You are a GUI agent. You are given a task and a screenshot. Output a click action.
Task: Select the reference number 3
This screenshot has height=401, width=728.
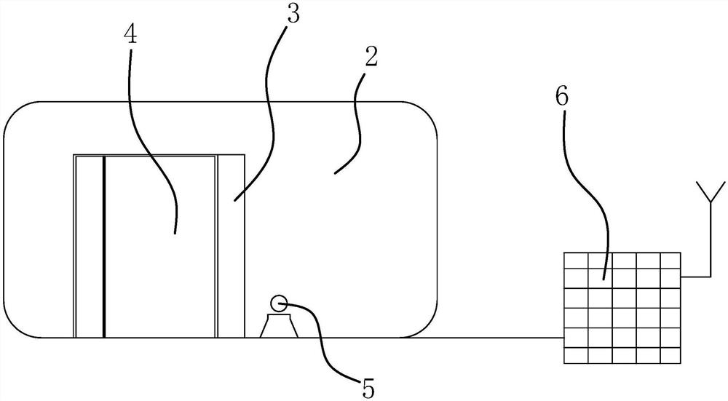point(293,16)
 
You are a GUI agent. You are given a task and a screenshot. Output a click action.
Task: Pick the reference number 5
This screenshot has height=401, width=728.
point(369,388)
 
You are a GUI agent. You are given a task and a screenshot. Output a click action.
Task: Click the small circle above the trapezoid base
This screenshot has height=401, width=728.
point(277,303)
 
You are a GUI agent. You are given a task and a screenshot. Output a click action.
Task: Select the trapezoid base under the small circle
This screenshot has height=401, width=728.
point(277,327)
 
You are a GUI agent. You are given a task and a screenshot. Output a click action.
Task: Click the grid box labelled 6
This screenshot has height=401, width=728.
point(623,307)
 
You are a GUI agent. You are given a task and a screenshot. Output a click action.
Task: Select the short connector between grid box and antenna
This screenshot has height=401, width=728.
point(695,277)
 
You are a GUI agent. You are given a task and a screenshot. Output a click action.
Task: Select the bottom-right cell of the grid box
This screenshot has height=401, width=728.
point(670,356)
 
